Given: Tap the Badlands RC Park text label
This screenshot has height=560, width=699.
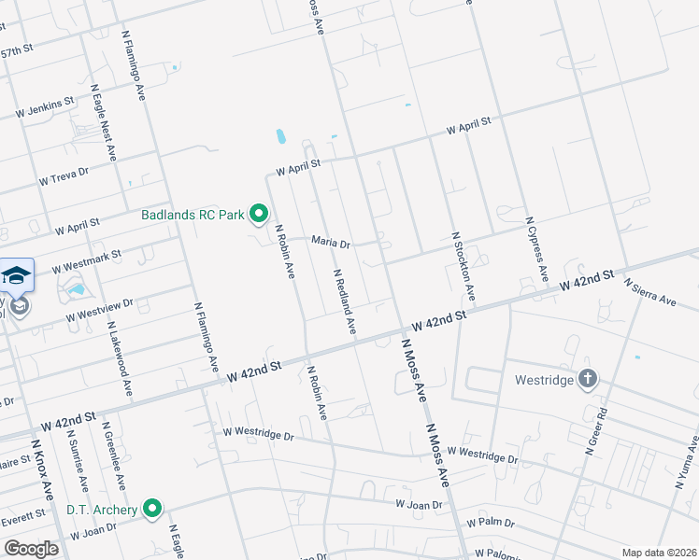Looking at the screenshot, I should point(193,216).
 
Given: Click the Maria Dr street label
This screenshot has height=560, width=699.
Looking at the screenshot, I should point(330,243).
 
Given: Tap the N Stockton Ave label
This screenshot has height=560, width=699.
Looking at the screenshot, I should point(464,267).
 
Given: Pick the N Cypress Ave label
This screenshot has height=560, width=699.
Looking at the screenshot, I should point(535,249).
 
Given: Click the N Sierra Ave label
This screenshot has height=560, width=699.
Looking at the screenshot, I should point(649,292).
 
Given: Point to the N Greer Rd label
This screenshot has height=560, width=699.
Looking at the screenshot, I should point(591,429).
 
